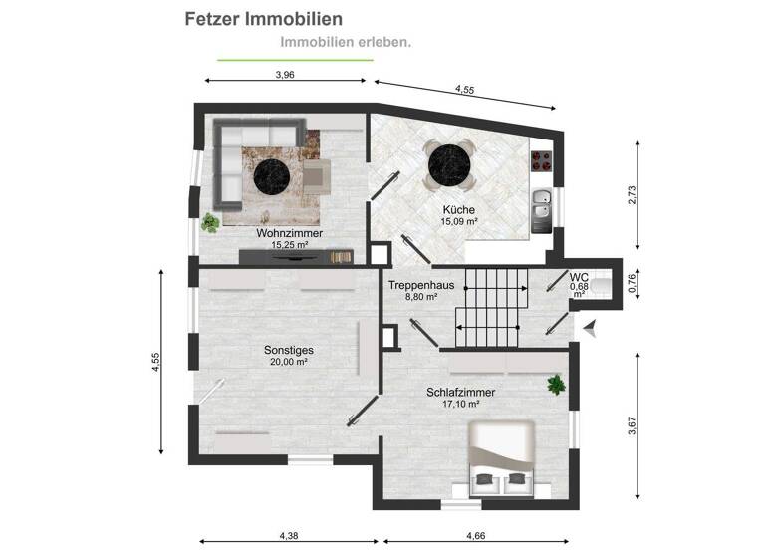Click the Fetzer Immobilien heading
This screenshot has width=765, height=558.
(264, 19)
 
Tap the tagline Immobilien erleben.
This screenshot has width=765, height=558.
(346, 43)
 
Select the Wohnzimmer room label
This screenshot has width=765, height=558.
(288, 233)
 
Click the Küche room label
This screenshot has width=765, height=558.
(458, 210)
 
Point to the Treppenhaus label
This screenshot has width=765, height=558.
(421, 285)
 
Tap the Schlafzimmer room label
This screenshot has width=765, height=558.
(461, 393)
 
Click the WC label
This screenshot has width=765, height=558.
(578, 277)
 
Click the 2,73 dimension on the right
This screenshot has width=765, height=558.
(631, 195)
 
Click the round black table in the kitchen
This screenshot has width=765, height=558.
(449, 164)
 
